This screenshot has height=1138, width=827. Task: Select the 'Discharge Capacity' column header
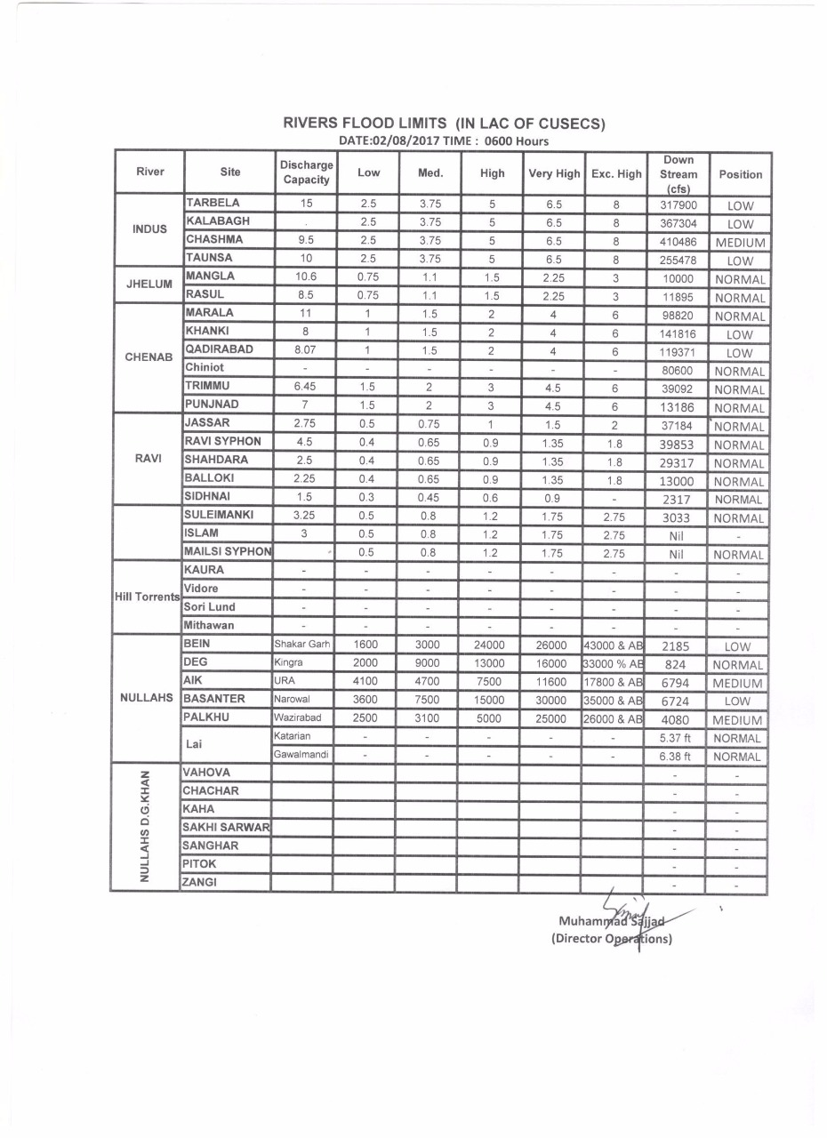pos(306,172)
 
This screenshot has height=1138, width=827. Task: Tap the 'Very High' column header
pos(554,173)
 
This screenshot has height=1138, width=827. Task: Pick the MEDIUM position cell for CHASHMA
pos(740,243)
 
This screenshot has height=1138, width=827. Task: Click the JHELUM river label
pos(149,285)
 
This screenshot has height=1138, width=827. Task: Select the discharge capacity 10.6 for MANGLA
pos(305,276)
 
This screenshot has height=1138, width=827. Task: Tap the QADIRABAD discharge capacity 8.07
pos(305,349)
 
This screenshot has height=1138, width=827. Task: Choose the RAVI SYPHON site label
pos(222,441)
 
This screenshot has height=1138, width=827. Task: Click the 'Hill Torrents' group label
pos(146,597)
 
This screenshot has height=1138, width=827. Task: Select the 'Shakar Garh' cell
pos(302,645)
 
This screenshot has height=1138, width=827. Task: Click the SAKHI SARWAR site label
pos(226,827)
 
